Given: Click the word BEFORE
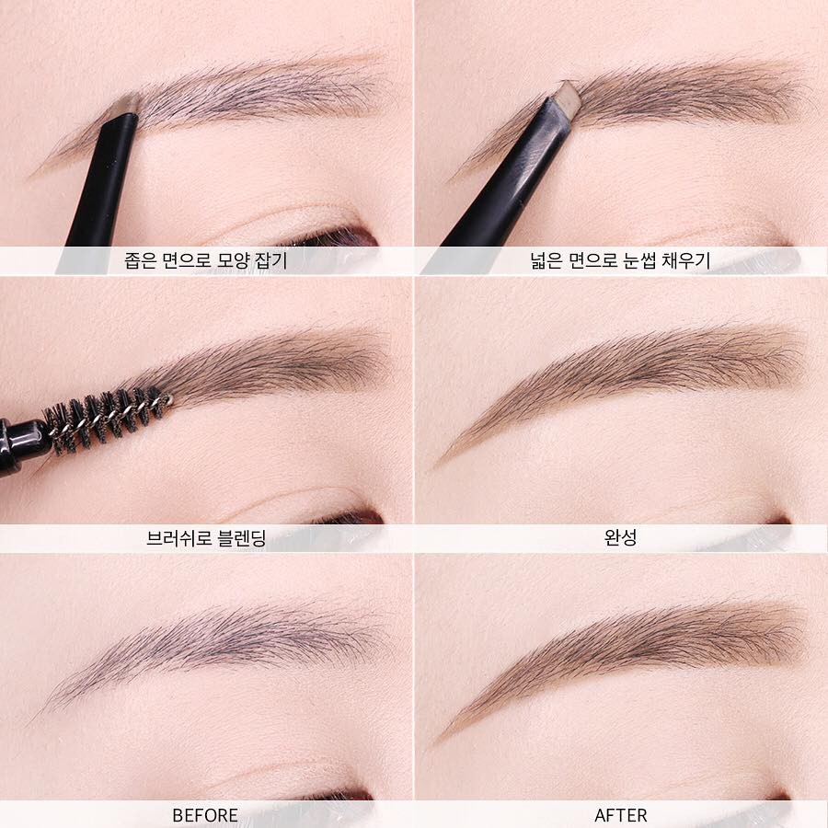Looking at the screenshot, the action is click(205, 815).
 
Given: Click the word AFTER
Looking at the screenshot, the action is click(620, 815).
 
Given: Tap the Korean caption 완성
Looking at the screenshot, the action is click(620, 537).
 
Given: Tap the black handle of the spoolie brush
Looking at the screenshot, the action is click(24, 444).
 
